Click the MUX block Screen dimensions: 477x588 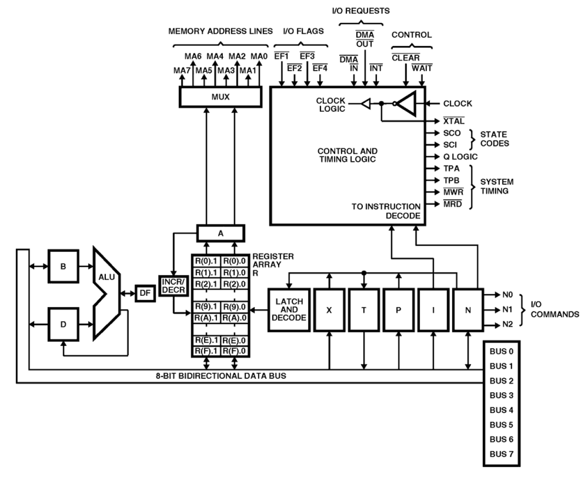coord(220,97)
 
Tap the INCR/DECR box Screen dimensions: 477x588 coord(173,286)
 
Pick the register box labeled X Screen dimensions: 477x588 coord(329,310)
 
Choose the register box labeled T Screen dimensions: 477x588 coord(364,310)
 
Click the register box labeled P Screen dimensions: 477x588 coord(398,310)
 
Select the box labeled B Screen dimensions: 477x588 coord(63,266)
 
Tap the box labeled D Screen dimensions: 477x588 coord(63,324)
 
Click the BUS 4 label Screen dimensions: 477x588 coord(501,410)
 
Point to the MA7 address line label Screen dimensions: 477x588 coord(182,71)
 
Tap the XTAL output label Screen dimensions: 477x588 coord(454,121)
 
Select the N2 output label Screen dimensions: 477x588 coord(508,324)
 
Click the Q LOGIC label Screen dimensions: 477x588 coord(460,157)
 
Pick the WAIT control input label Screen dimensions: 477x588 coord(422,68)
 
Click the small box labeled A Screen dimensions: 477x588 coord(220,233)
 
